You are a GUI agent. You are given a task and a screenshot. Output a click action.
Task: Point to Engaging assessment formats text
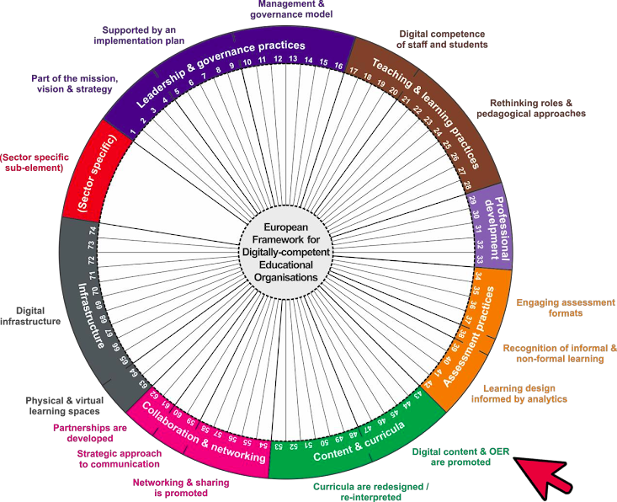tap(566, 307)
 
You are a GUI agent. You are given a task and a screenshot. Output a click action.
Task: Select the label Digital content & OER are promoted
tap(460, 457)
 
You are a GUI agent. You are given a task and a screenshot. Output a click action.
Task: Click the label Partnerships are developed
tap(83, 433)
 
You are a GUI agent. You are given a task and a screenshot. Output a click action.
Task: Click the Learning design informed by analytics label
tap(525, 393)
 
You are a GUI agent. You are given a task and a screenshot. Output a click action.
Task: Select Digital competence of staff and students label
tap(443, 39)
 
